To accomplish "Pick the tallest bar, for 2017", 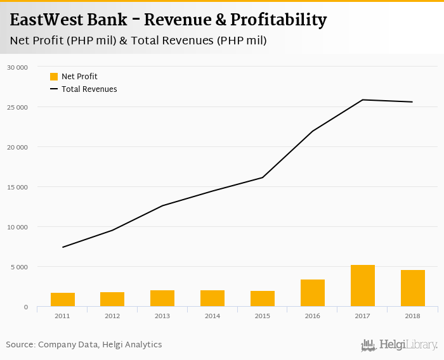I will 363,286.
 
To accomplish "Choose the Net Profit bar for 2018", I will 413,288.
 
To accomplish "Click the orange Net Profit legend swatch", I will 54,77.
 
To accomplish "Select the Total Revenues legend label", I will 89,89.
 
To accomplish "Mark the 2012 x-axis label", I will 112,316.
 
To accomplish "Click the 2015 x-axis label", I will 263,316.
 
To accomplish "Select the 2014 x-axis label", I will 212,316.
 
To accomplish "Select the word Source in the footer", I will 20,345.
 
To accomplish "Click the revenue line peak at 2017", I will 363,100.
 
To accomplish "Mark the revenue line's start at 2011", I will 63,247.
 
